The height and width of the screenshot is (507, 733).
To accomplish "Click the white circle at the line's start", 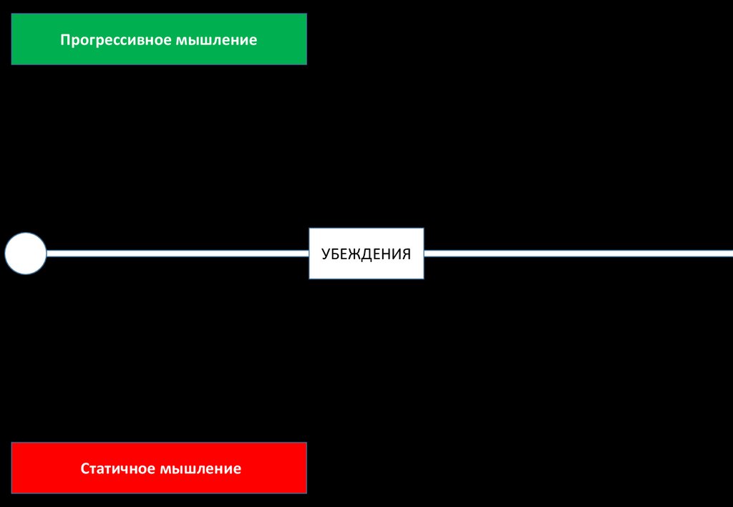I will point(26,253).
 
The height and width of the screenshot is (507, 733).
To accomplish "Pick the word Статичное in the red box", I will point(117,469).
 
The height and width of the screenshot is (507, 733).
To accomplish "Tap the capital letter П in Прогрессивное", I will point(64,39).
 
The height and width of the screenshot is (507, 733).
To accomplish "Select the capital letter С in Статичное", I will point(84,469).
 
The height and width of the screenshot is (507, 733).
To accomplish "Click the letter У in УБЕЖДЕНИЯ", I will point(325,254).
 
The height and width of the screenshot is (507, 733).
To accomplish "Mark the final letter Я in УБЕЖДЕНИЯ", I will point(406,254).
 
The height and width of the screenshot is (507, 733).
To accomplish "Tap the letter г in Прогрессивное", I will point(89,40).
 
